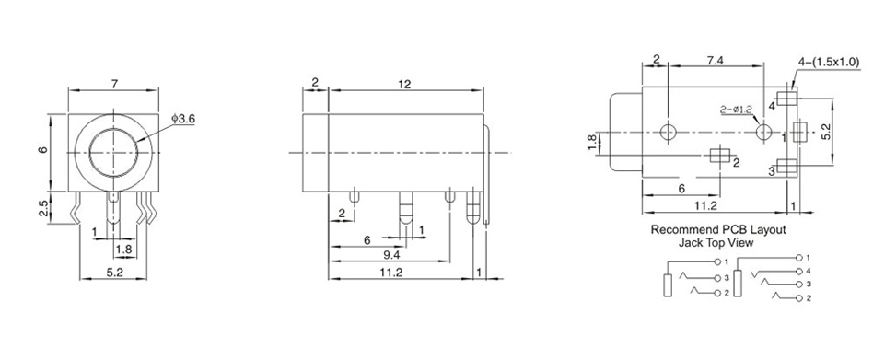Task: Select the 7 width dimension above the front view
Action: [114, 85]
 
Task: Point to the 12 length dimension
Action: [405, 84]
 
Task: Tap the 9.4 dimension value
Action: [392, 255]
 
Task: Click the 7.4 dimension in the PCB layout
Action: [715, 61]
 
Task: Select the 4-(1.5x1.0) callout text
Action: [829, 63]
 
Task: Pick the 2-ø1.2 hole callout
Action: [736, 110]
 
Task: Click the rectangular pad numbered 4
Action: [787, 99]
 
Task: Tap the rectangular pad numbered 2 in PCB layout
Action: [720, 156]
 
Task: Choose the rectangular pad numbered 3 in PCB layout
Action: [787, 167]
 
